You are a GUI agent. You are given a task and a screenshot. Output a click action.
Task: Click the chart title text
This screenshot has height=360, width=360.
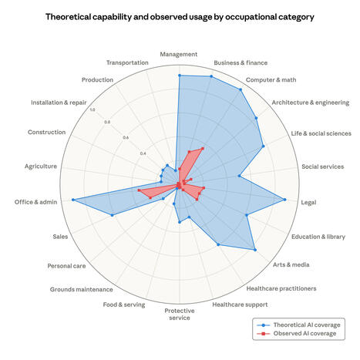(180, 16)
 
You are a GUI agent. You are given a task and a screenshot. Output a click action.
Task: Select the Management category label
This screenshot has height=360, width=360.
(179, 55)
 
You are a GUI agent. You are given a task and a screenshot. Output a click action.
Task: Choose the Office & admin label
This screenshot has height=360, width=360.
(35, 202)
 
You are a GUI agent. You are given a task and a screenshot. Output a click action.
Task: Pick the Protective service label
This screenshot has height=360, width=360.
(179, 314)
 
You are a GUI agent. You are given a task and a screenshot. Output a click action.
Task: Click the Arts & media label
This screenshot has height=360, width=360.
(291, 264)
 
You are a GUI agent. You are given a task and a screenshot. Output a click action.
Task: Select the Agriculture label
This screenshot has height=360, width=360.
(40, 166)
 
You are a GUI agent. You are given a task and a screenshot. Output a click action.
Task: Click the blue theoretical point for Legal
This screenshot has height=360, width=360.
(285, 200)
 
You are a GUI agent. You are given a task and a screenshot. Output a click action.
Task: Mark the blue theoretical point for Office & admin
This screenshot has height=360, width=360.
(73, 200)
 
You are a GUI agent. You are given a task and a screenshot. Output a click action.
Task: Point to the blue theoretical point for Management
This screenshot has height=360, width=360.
(179, 76)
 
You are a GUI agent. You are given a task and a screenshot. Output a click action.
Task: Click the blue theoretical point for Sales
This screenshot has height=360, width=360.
(113, 215)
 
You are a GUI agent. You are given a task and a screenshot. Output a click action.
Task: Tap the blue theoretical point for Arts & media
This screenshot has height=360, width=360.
(254, 249)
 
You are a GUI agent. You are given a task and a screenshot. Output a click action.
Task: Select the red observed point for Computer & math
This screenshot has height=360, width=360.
(203, 148)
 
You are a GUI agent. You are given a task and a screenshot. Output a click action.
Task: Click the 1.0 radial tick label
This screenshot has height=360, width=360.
(93, 109)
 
